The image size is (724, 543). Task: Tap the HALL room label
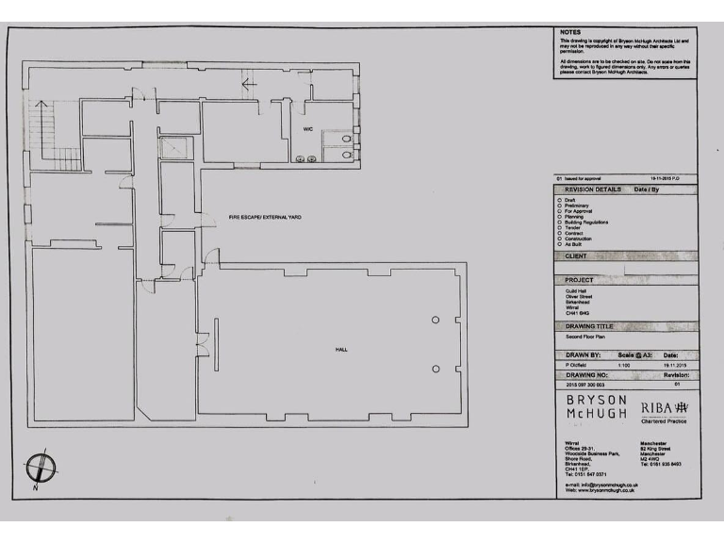(x=341, y=350)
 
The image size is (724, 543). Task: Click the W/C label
(x=307, y=128)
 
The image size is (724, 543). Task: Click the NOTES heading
(x=570, y=32)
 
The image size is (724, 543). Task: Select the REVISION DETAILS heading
(x=593, y=189)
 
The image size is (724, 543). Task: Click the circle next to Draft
(x=560, y=200)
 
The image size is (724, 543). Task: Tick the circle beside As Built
(x=560, y=244)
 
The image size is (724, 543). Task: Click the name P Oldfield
(x=577, y=364)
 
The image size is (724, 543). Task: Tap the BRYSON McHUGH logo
(x=597, y=407)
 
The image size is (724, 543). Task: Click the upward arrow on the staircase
(x=41, y=106)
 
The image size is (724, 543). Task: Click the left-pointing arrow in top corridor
(x=250, y=85)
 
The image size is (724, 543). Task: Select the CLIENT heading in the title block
(x=576, y=255)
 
